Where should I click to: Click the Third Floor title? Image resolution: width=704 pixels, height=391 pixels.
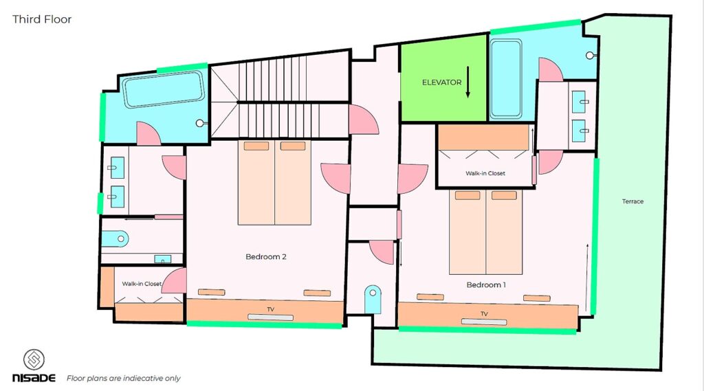[42, 19]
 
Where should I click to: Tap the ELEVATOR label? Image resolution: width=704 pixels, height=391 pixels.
[442, 82]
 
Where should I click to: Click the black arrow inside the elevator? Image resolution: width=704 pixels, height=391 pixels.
[467, 82]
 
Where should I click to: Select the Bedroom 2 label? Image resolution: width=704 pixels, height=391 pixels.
[266, 257]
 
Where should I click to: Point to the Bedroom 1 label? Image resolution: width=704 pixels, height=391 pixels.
[486, 284]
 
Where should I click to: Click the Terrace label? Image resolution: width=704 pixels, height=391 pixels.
[632, 201]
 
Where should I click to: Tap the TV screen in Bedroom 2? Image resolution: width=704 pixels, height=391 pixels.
[271, 317]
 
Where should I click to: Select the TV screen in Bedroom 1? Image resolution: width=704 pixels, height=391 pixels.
[484, 322]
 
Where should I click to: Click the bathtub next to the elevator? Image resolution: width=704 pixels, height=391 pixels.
[505, 79]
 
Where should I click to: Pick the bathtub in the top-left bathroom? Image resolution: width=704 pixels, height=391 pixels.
[164, 89]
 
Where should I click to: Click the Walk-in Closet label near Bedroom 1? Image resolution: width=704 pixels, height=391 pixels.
[485, 173]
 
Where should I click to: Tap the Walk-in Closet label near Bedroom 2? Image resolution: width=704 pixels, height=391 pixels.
[142, 284]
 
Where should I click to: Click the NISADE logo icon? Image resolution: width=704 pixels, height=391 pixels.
[34, 359]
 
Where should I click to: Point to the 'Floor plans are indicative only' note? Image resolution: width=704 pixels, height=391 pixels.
[124, 379]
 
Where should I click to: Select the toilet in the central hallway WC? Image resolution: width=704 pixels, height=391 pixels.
[373, 300]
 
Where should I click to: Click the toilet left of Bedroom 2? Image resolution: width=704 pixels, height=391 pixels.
[115, 239]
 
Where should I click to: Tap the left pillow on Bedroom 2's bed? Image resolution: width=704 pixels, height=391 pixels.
[256, 146]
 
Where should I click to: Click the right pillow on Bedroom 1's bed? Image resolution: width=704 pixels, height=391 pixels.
[504, 195]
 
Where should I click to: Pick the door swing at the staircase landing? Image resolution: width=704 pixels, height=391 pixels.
[364, 120]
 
